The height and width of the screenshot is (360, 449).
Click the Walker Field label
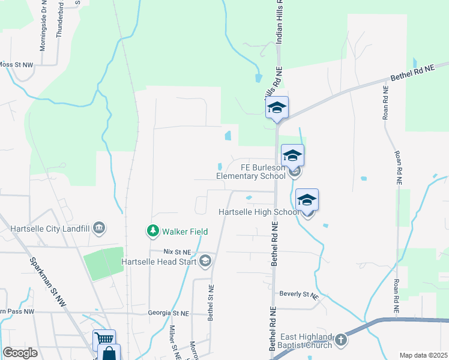pos(184,231)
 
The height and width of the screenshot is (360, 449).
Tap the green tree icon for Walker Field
pos(153,230)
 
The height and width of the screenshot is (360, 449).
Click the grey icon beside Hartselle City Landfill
pos(100,227)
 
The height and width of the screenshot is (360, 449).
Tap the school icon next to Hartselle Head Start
pos(205,260)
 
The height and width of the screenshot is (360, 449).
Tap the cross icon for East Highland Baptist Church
pos(340,340)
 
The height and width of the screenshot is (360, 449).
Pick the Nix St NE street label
pos(178,252)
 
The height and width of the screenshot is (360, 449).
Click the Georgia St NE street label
pos(169,313)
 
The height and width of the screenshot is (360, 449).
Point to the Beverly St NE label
pos(298,295)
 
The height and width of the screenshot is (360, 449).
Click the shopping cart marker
pos(104,340)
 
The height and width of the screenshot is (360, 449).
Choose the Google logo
pos(20,353)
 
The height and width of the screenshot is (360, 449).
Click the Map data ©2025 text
pos(424,355)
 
